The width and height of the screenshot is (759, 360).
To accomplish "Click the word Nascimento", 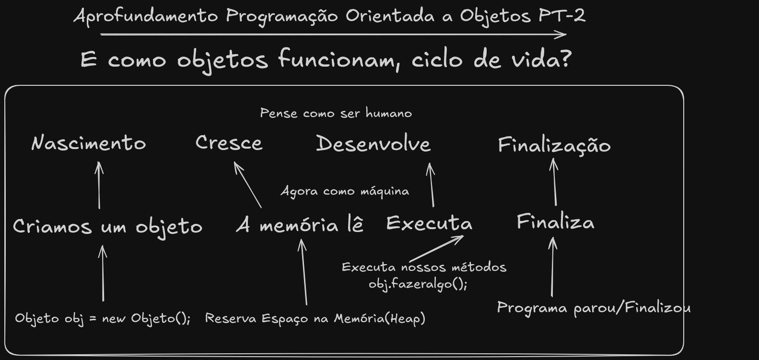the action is (x=89, y=143).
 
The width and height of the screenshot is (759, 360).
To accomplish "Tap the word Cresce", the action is (x=229, y=143).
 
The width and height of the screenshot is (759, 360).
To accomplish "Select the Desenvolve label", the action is (x=373, y=144).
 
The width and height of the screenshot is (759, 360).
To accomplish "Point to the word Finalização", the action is (x=554, y=145).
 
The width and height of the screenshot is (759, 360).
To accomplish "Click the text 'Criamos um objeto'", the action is (x=107, y=226).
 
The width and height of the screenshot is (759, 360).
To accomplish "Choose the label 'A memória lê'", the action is (x=300, y=225).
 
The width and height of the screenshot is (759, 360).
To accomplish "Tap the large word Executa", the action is (x=429, y=223).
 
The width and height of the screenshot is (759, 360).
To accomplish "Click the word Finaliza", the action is (x=555, y=222).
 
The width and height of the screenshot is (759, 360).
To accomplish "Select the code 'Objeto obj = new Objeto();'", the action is (x=103, y=318).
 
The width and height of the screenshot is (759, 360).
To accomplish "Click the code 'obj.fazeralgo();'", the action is (x=418, y=284).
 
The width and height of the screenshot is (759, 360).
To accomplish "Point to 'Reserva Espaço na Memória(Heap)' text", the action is (x=315, y=318).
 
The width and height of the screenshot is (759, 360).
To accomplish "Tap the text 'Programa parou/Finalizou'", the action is (x=594, y=307).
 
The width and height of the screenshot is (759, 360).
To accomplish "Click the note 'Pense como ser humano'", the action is (x=336, y=113).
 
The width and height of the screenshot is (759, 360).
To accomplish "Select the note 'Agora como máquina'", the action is (x=345, y=191).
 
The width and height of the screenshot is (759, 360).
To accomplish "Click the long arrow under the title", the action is (x=333, y=35).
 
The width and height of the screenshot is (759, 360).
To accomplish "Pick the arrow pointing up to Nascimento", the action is (x=99, y=185).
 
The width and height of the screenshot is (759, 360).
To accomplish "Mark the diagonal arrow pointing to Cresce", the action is (x=247, y=185).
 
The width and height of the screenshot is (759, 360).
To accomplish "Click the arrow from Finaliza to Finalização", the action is (x=555, y=182).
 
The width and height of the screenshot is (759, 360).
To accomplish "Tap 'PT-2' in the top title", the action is (x=562, y=16).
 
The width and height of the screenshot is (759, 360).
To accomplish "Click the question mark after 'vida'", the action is (x=566, y=59).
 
